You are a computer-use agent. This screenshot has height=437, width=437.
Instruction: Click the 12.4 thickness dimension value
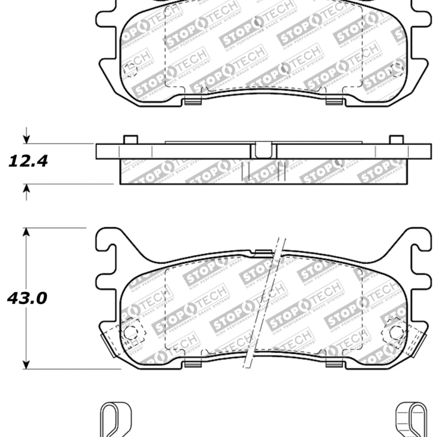tap(28, 161)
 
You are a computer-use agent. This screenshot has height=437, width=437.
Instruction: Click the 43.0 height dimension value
tap(27, 298)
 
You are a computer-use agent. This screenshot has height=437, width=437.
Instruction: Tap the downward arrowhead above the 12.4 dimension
tap(26, 138)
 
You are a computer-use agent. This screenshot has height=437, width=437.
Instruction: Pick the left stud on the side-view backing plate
tap(130, 139)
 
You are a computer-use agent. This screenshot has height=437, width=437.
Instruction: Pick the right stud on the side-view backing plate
tap(397, 139)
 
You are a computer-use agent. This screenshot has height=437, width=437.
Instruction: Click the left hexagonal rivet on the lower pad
tap(131, 332)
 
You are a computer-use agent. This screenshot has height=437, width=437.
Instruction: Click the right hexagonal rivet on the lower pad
tap(396, 332)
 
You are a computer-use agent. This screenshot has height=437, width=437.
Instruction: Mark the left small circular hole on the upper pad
tap(130, 69)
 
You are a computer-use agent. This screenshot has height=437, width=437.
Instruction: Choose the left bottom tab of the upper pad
tap(193, 100)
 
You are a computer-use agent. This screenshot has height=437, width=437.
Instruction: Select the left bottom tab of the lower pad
tap(193, 363)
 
